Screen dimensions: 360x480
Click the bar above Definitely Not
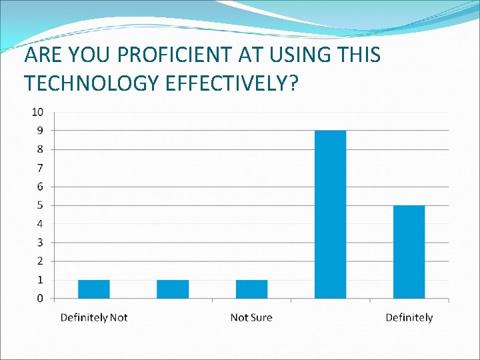point(94,289)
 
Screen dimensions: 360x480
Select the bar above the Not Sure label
point(251,289)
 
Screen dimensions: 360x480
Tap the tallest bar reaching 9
point(330,214)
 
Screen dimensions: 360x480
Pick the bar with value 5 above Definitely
point(409,251)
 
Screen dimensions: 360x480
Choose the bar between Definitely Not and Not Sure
point(173,289)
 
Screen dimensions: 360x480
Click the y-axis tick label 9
point(41,129)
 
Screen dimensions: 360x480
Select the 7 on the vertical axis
point(41,167)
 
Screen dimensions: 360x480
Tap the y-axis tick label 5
point(41,205)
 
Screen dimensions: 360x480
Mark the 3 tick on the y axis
point(41,242)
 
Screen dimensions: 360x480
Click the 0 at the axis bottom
point(41,298)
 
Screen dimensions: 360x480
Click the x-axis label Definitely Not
point(94,317)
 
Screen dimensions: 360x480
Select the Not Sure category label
point(251,317)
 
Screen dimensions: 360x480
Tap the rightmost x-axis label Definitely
point(409,317)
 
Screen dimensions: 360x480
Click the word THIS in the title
point(359,55)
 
